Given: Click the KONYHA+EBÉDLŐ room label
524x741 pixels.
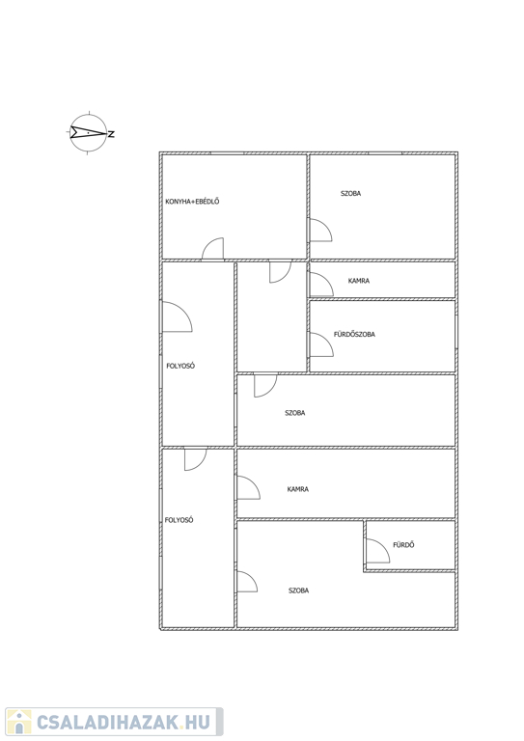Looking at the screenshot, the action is tap(192, 202).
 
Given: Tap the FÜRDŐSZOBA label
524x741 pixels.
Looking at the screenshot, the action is tap(354, 334).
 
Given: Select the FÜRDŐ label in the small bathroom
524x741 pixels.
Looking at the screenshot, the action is tap(403, 545).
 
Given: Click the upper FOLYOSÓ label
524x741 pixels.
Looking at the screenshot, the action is tap(180, 366).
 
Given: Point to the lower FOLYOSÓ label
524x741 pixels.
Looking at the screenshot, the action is tap(179, 520).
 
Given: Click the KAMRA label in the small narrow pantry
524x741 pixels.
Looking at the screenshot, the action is tap(359, 281).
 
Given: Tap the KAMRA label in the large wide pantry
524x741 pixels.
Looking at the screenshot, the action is tap(297, 489).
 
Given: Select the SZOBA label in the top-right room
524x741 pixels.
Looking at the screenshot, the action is tap(350, 193).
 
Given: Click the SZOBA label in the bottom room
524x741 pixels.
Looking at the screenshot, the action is tap(298, 590).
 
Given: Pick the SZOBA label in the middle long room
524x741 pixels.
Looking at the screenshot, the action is tap(295, 413).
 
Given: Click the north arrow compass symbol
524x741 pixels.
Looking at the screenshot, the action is tap(89, 133).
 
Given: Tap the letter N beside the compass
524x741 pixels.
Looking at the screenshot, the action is tap(112, 134).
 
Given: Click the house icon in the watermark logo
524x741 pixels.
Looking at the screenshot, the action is tap(19, 722).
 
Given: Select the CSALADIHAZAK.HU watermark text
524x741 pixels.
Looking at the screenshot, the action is tap(124, 722).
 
